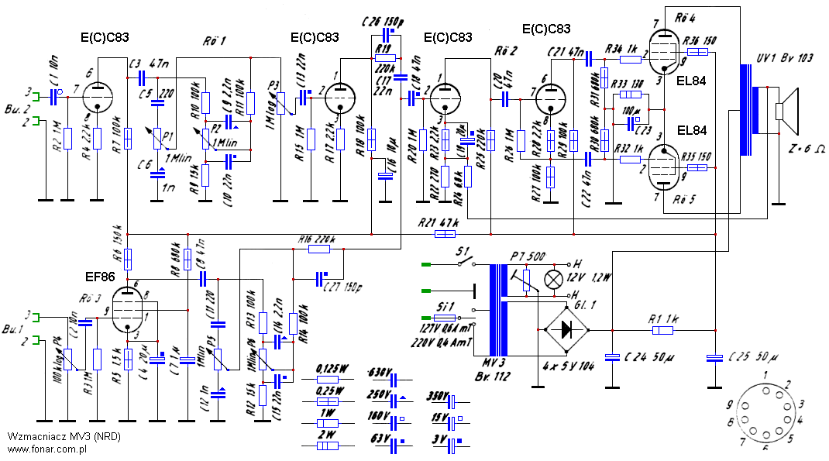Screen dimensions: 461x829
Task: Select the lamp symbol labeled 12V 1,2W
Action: [x=553, y=279]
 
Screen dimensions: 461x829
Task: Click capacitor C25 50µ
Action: [x=715, y=357]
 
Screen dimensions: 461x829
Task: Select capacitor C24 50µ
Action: [x=612, y=357]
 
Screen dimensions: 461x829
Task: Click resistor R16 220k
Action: [x=318, y=249]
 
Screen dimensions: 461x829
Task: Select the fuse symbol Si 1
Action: [x=445, y=318]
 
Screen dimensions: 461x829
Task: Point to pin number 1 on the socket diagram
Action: [x=764, y=375]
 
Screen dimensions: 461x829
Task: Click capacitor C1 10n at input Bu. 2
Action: [x=54, y=96]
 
